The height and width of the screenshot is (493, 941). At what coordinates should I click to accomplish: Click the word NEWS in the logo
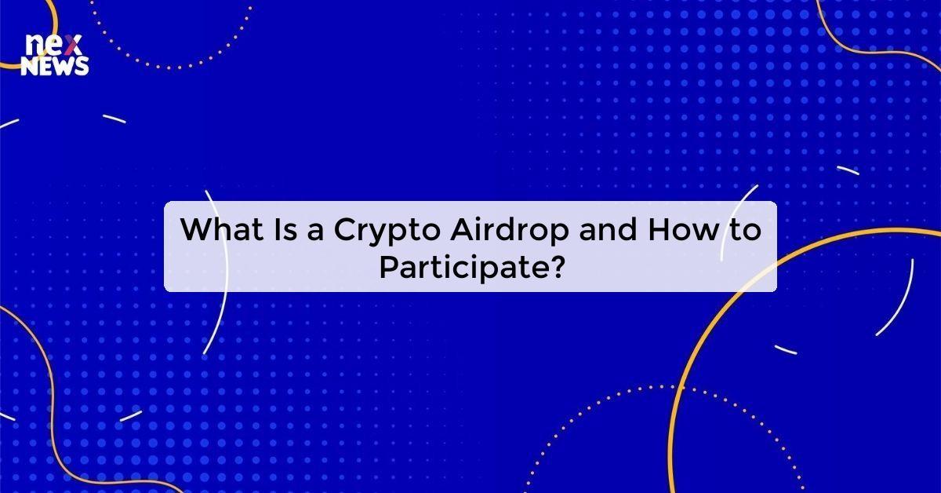(55, 68)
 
